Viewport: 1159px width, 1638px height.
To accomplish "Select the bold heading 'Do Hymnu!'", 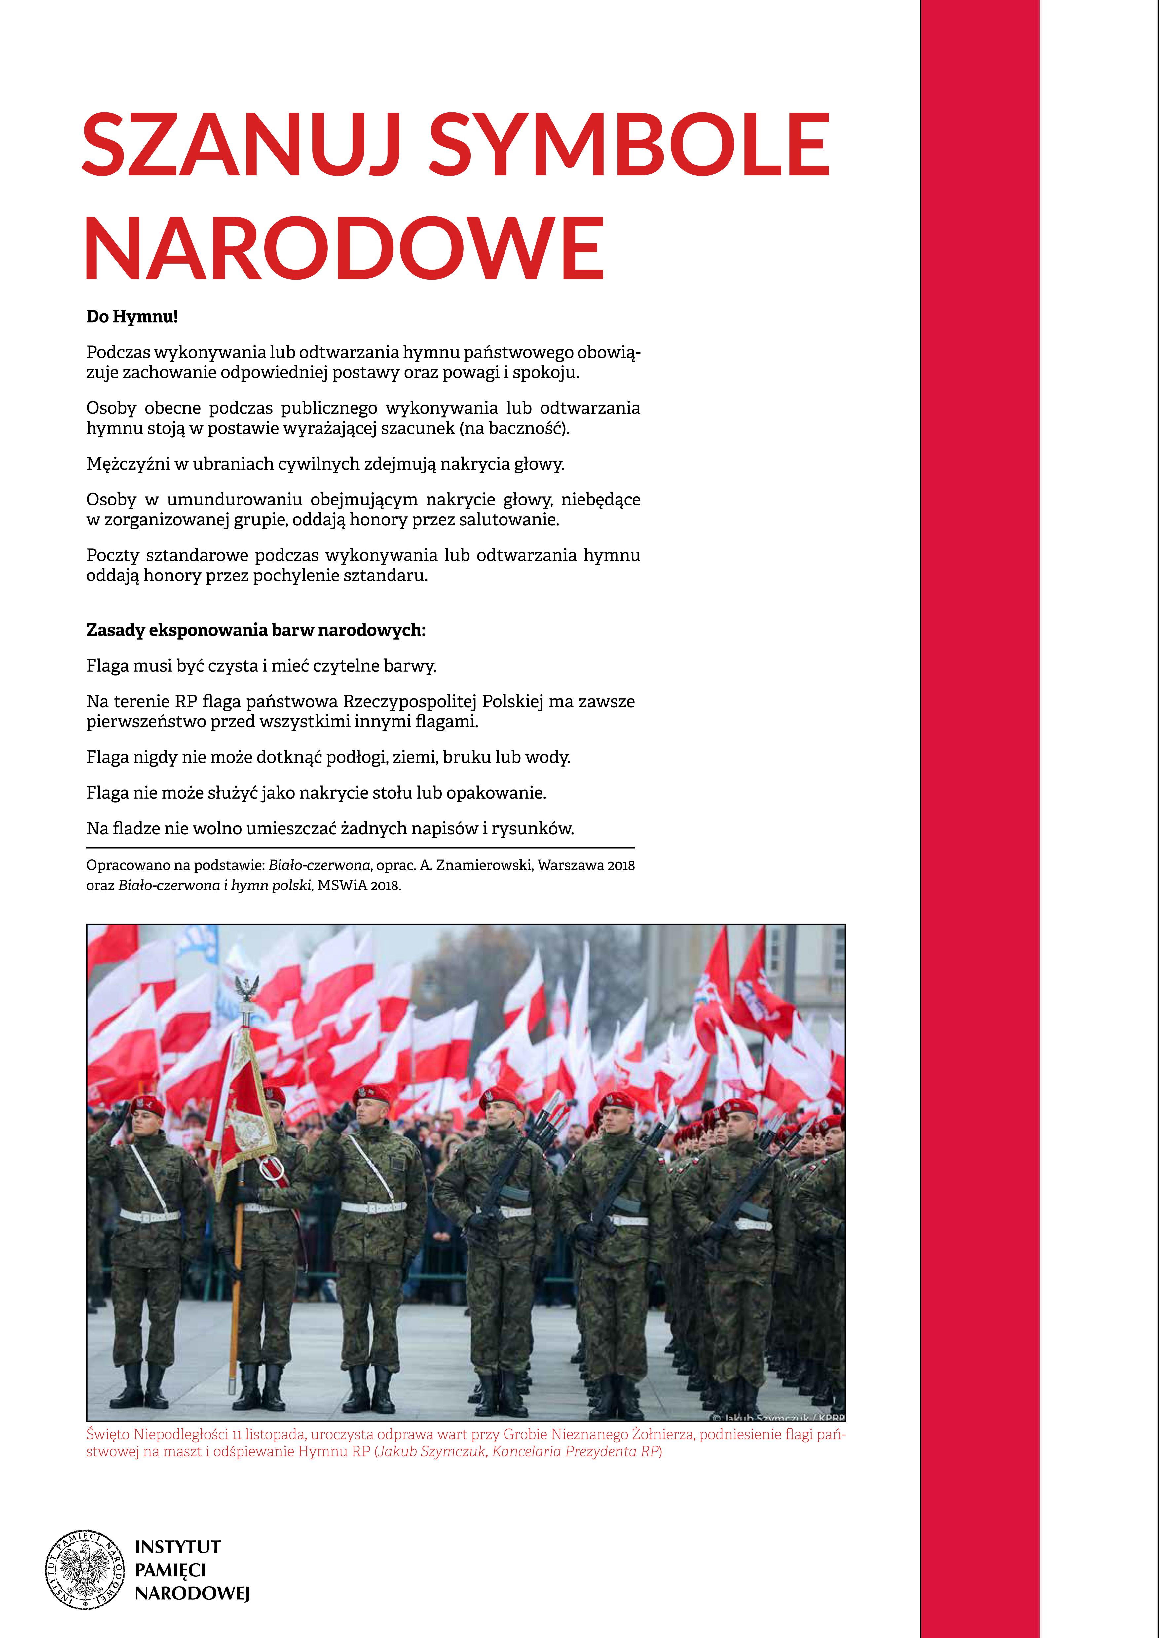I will (x=132, y=317).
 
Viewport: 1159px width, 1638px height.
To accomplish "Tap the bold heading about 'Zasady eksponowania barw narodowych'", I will (x=255, y=631).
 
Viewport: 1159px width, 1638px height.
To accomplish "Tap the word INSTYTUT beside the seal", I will (x=178, y=1547).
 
